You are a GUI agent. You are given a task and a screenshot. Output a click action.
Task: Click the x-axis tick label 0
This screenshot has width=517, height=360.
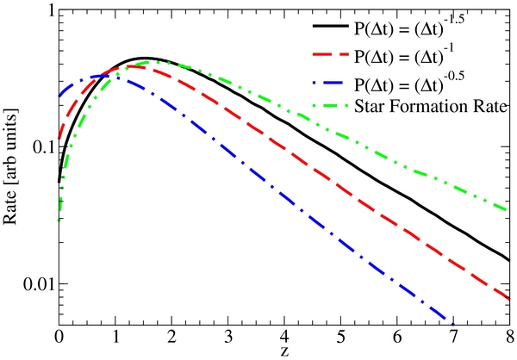point(58,338)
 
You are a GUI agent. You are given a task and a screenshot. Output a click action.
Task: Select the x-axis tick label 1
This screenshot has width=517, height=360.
point(115,338)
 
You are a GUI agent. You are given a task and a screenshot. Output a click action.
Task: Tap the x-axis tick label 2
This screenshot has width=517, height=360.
point(171,338)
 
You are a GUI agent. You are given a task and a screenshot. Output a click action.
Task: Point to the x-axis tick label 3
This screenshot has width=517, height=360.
point(228,338)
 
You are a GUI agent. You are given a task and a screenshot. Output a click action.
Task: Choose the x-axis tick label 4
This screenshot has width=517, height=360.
point(285,338)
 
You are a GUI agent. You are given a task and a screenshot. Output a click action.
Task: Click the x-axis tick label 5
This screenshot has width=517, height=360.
point(342,338)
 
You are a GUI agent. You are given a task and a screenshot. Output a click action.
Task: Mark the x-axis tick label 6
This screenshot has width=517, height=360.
point(398,338)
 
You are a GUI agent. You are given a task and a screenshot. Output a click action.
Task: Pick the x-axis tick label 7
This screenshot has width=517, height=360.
point(455,338)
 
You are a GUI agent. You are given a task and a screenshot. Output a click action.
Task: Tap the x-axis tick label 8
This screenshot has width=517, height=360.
point(511,338)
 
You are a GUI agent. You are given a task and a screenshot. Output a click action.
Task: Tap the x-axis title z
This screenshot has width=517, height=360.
point(285,351)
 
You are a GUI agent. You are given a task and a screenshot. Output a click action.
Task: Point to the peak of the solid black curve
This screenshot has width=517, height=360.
point(145,59)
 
